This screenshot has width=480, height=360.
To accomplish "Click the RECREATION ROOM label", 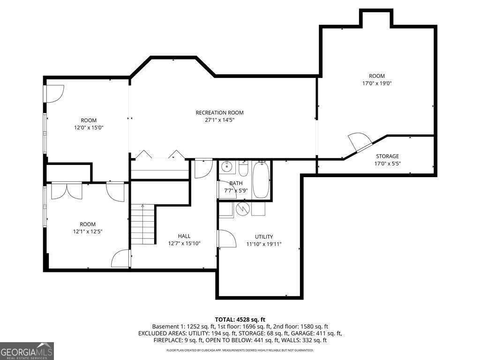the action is coord(219,112).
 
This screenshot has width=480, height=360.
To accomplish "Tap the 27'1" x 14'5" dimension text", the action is coord(219,120).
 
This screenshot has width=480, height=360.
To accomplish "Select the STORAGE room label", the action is coord(387,156).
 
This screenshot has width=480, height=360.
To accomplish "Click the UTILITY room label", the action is coord(264,237).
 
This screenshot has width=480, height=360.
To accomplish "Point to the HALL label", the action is coord(184,236).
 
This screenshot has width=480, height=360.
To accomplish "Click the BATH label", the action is coord(236,183).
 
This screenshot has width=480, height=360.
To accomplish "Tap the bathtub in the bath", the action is coord(261,180).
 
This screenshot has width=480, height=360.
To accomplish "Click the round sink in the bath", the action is coord(227,166).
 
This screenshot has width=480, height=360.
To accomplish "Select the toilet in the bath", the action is coord(243,169).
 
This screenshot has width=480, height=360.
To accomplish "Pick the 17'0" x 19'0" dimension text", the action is coord(377,83).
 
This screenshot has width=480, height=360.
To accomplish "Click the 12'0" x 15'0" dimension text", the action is coord(89,127).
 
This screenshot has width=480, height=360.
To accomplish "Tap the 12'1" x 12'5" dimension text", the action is coord(88,232).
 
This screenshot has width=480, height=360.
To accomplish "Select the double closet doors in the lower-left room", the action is coord(67,190).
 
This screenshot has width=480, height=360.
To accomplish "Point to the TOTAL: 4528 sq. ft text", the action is coord(240,320).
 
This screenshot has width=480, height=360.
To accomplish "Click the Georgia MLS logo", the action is coord(27,351).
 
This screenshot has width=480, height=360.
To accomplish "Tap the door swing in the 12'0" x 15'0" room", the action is coord(54,94).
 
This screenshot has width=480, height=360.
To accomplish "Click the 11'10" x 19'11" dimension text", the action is coord(264,244).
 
